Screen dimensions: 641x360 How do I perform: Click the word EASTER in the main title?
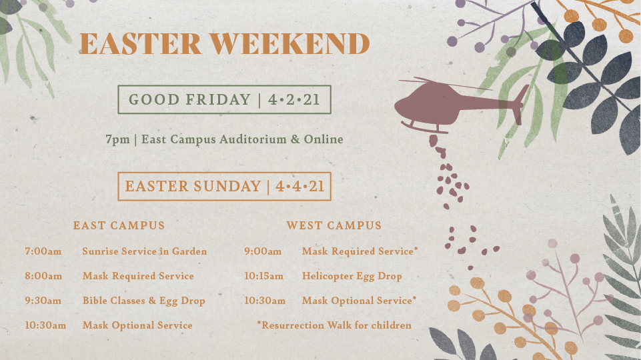[x=140, y=44]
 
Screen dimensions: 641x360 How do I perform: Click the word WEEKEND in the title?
[x=290, y=44]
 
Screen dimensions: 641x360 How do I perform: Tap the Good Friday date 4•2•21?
[x=294, y=100]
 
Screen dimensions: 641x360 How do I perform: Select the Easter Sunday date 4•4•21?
[x=299, y=187]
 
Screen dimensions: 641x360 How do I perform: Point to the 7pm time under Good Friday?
[x=118, y=140]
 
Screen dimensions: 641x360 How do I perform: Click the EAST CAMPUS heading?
[x=119, y=225]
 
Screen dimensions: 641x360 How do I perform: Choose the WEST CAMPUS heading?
[x=334, y=225]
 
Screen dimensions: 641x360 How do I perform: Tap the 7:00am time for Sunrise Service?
[x=43, y=251]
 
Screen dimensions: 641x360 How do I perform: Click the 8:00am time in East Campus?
[x=43, y=276]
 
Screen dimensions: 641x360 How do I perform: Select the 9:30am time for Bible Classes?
[x=43, y=301]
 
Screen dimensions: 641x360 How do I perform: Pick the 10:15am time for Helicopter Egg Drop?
[x=263, y=276]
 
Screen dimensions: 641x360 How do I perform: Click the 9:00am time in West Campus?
[x=263, y=251]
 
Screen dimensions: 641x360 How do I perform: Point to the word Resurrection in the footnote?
[x=290, y=325]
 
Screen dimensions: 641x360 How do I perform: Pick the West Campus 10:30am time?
[x=265, y=301]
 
